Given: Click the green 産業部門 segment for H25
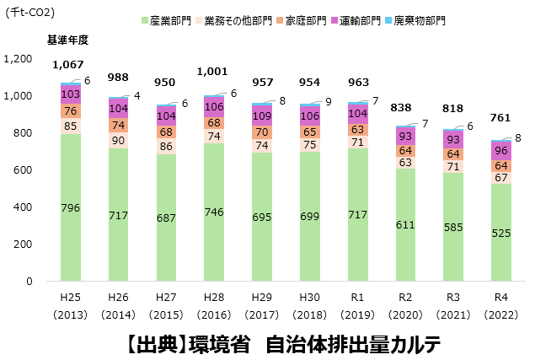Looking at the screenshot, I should [72, 207].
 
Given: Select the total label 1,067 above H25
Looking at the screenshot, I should [67, 65].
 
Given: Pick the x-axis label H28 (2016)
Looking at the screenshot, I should [215, 304].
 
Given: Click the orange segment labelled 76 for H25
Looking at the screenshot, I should [72, 111].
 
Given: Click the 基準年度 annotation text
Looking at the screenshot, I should [67, 40].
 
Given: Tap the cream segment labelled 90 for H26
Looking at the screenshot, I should [119, 140].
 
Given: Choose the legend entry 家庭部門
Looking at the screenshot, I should [308, 19].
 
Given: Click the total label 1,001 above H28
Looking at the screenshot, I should [211, 73].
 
